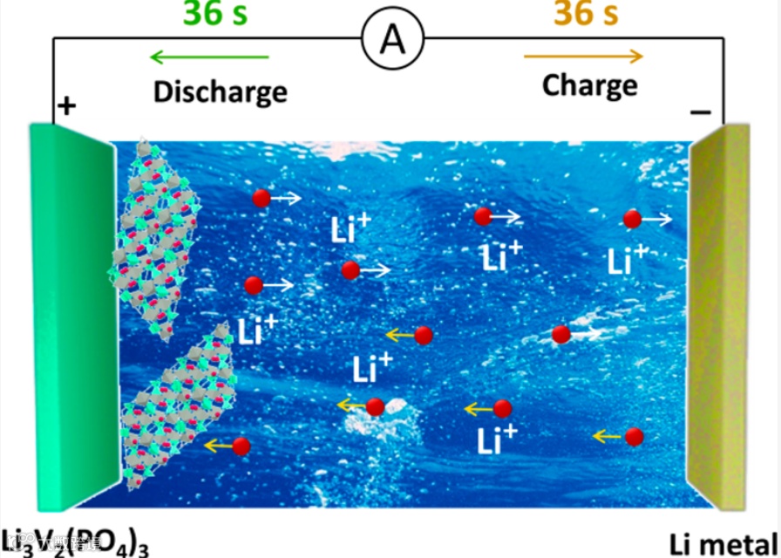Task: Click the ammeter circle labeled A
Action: click(x=393, y=40)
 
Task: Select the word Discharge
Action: click(x=220, y=91)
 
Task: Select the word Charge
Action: click(x=589, y=85)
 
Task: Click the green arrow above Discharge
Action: click(x=209, y=58)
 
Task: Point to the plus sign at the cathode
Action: click(x=66, y=106)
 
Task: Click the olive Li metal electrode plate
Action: click(x=719, y=314)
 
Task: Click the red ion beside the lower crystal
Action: click(x=241, y=446)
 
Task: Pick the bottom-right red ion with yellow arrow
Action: click(x=635, y=437)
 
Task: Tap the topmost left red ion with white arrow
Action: click(x=261, y=199)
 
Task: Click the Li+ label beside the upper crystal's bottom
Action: click(x=256, y=329)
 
